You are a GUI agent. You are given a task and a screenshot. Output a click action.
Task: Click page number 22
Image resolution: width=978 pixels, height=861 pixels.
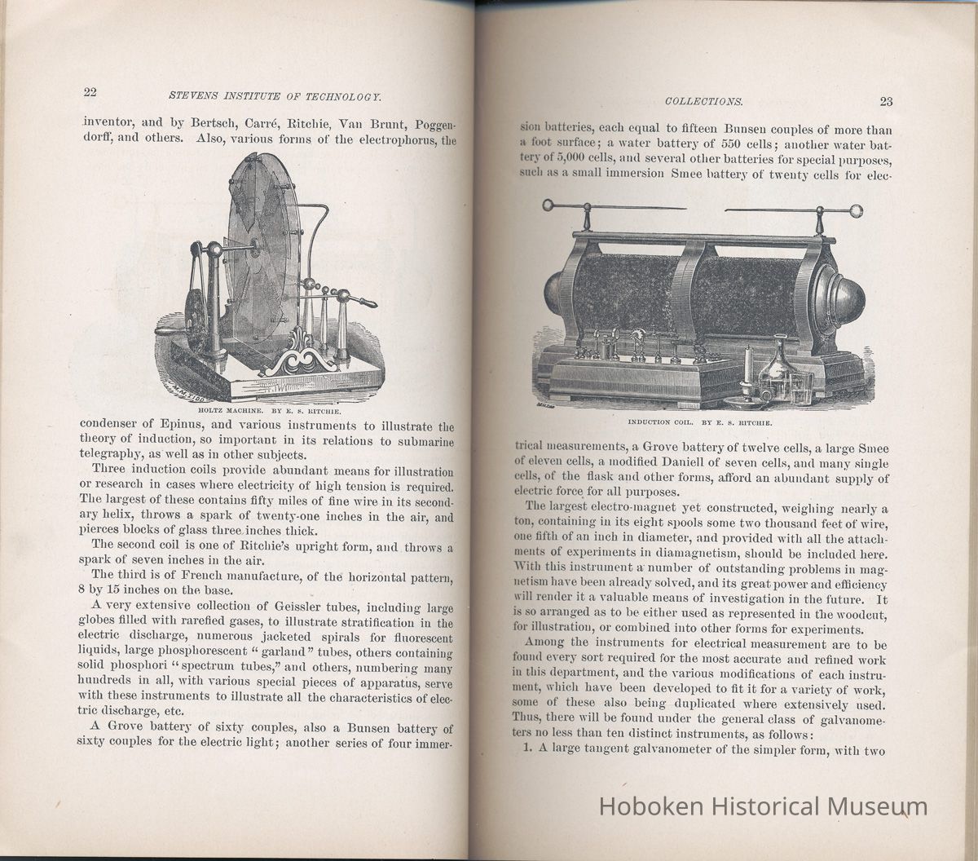(89, 91)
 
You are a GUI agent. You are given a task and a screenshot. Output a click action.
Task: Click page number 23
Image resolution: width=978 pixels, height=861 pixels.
(886, 102)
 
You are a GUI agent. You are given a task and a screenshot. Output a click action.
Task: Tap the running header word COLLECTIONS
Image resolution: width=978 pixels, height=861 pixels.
(703, 102)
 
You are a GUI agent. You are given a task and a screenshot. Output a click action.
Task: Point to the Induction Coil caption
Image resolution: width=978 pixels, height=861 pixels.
(700, 424)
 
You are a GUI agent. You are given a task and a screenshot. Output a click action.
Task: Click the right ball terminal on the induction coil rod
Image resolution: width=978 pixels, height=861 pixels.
(855, 212)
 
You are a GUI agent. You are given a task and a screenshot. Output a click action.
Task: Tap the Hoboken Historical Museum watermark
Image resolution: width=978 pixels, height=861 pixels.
(764, 807)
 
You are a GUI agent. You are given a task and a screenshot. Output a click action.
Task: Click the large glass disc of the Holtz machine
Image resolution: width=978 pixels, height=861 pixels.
(262, 245)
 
